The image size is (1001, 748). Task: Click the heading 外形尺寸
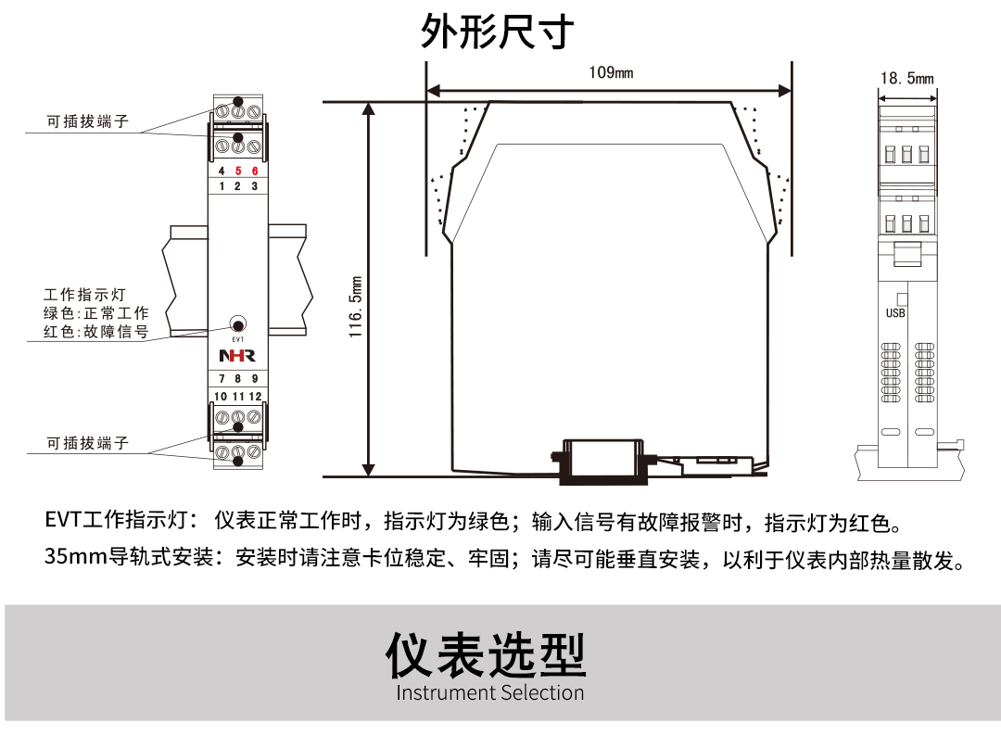(498, 32)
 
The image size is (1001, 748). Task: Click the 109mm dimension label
(611, 72)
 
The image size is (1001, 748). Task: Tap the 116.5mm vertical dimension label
(356, 306)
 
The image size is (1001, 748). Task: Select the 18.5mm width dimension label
(906, 79)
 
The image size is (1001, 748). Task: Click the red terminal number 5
(237, 171)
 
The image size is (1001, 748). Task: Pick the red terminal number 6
(255, 171)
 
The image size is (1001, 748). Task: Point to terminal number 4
(221, 171)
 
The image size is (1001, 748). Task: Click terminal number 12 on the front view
(255, 396)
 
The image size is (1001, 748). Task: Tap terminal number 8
(237, 379)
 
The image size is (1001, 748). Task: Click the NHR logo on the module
(236, 356)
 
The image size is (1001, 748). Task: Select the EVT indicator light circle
(238, 324)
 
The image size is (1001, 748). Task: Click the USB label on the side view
(895, 313)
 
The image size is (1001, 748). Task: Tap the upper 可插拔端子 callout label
(88, 122)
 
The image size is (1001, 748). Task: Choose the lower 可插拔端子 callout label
(88, 444)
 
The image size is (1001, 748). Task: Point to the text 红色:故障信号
(95, 332)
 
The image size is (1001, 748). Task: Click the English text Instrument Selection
(490, 693)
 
